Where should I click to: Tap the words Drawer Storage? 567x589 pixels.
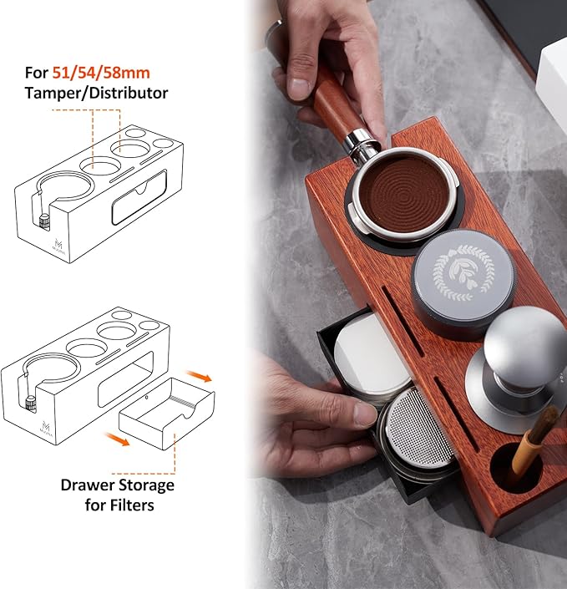click(x=117, y=485)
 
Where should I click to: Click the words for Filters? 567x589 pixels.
click(x=118, y=505)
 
